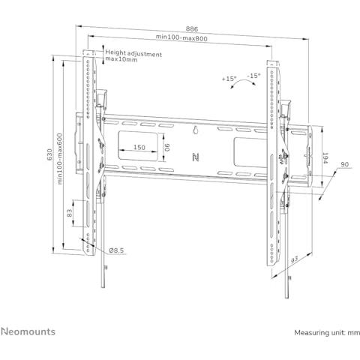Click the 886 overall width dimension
coord(192,29)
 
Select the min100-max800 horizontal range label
coord(181,37)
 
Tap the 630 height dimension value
coord(49,154)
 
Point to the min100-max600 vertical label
coord(60,159)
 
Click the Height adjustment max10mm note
coord(133,56)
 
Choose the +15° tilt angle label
coord(229,79)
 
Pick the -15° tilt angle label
coord(253,76)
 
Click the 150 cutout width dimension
coord(139,147)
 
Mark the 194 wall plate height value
coord(325,158)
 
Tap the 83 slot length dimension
coord(70,213)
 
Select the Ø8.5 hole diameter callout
coord(116,250)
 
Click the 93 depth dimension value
coord(295,260)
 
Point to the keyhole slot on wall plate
coord(196,130)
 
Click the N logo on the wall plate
coord(196,157)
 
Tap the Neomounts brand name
coord(28,331)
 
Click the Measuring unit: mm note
coord(327,333)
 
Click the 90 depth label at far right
coord(345,164)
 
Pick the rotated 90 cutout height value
coord(167,147)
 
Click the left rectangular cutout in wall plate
coord(138,146)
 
